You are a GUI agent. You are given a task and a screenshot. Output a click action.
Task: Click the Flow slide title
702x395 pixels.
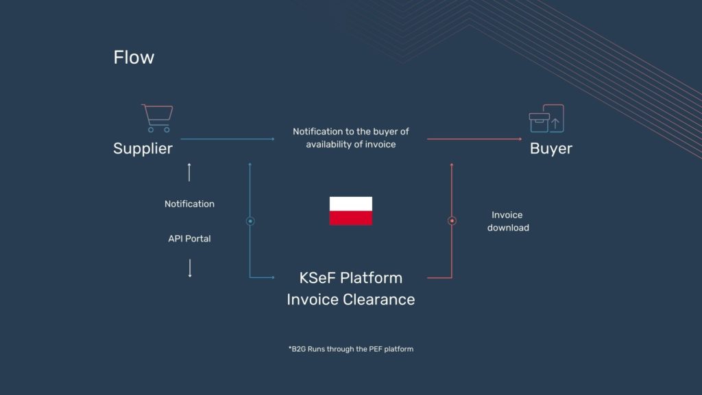(134, 58)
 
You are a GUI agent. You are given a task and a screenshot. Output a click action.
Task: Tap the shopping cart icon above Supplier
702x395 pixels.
(158, 118)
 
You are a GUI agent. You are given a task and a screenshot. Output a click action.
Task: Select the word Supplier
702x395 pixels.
(143, 149)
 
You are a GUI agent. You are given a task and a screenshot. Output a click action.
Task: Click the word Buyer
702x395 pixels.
(550, 149)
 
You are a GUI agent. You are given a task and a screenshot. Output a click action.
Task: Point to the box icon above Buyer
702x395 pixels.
(546, 119)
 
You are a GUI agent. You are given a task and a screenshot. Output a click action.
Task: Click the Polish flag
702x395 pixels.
(351, 211)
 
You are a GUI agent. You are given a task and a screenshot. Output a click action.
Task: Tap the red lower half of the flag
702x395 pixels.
(351, 218)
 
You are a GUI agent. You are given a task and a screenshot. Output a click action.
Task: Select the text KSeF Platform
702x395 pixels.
(351, 278)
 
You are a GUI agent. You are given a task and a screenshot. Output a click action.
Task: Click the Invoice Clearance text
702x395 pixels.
(351, 299)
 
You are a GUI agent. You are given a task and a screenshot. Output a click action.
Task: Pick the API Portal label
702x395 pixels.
(189, 239)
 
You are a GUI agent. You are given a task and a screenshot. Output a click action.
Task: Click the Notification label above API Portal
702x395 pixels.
(189, 204)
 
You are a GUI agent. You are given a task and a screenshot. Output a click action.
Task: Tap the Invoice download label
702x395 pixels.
(508, 222)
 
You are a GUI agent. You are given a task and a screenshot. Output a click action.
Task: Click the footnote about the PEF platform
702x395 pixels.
(351, 349)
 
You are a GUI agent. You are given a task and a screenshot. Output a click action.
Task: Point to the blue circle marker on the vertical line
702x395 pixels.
(250, 221)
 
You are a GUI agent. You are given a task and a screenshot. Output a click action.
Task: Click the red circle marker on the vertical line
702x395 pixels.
(452, 221)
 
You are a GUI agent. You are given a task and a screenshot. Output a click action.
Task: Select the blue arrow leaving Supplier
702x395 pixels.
(228, 139)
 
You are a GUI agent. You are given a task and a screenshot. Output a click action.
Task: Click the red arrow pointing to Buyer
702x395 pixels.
(474, 139)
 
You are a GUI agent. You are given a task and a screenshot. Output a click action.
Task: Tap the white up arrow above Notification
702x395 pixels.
(189, 172)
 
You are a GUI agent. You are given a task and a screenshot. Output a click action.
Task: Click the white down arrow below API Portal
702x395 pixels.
(190, 268)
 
